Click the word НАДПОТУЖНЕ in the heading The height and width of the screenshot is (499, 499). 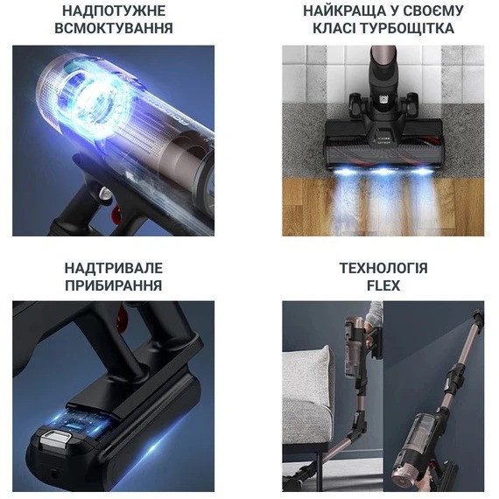[114, 11]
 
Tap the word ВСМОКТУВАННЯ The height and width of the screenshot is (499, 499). [114, 28]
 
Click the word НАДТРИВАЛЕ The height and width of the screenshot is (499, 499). [114, 268]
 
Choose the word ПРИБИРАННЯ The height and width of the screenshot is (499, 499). [114, 285]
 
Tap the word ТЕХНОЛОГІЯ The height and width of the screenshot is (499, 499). [383, 268]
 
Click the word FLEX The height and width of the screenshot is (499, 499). [383, 285]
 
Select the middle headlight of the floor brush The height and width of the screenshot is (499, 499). [383, 166]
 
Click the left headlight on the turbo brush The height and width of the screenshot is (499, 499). [341, 166]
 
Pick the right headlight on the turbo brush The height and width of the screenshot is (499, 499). [426, 166]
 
